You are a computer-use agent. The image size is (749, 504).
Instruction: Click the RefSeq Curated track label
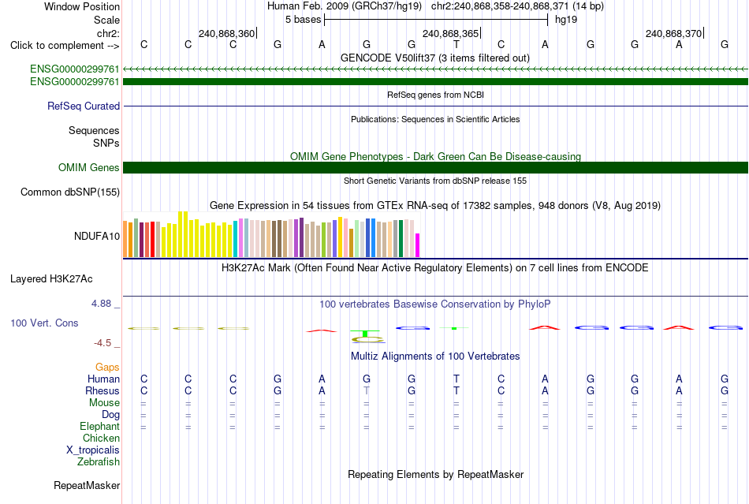click(83, 106)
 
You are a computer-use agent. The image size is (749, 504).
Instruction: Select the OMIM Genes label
click(88, 168)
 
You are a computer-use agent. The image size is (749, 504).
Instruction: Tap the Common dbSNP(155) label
click(69, 192)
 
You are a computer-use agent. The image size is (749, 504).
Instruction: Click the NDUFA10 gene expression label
click(96, 236)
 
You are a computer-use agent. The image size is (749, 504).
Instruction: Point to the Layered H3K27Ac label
click(51, 279)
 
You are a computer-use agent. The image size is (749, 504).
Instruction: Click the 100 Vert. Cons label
click(44, 323)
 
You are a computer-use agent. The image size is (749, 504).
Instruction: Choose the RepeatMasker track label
click(87, 485)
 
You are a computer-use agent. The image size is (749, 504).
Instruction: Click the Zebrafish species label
click(99, 462)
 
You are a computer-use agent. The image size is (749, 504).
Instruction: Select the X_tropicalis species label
click(93, 450)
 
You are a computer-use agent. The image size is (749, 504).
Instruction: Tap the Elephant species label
click(99, 426)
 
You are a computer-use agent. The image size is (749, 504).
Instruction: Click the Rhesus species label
click(102, 390)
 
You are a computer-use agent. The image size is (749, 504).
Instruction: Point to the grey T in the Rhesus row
click(367, 390)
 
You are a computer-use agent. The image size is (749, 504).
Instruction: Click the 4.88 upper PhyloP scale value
click(101, 304)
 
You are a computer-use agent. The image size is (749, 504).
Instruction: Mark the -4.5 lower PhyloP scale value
click(102, 343)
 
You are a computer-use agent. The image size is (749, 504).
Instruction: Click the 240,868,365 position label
click(450, 33)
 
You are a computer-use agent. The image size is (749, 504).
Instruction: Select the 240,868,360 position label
click(226, 33)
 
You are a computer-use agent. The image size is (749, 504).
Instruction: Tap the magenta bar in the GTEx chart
click(418, 245)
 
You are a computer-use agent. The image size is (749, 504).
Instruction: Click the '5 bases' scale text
click(303, 20)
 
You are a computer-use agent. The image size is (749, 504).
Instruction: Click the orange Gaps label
click(107, 367)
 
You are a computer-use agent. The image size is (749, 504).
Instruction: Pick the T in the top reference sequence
click(456, 45)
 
